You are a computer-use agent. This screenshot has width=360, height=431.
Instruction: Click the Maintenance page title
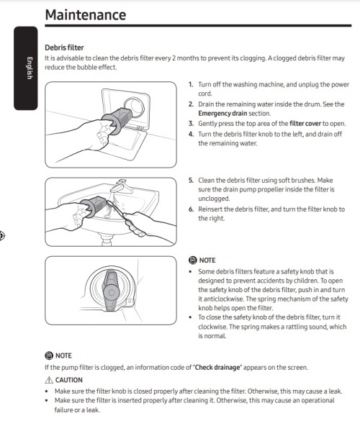86,15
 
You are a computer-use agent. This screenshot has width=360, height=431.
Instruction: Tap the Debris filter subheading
64,47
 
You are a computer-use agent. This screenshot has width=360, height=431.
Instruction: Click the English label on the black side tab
30,68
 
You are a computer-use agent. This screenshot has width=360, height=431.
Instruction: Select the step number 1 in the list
191,84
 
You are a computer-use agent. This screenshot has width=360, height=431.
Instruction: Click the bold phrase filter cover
305,124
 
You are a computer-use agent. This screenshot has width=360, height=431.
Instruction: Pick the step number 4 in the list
191,134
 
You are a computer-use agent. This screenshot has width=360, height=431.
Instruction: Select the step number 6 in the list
191,209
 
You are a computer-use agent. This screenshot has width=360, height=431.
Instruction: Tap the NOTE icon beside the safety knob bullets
193,260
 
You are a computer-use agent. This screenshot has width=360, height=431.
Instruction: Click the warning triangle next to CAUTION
49,380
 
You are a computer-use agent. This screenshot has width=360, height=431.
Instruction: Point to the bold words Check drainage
218,368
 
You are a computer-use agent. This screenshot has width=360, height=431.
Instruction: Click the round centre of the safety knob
111,292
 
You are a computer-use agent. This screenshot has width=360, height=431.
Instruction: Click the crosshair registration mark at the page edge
1,236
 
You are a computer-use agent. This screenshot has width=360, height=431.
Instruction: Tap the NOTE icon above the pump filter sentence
49,355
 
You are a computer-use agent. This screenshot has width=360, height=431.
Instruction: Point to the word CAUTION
68,380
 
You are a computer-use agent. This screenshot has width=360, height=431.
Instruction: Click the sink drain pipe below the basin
107,239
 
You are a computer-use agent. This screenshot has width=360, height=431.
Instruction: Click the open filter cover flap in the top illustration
124,143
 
